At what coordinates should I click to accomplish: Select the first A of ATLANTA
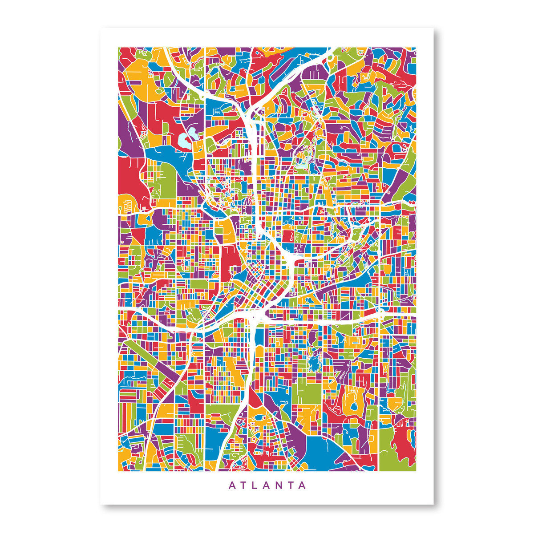coord(232,485)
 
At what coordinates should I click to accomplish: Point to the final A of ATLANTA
coord(303,485)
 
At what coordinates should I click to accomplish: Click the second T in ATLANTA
coord(291,485)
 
